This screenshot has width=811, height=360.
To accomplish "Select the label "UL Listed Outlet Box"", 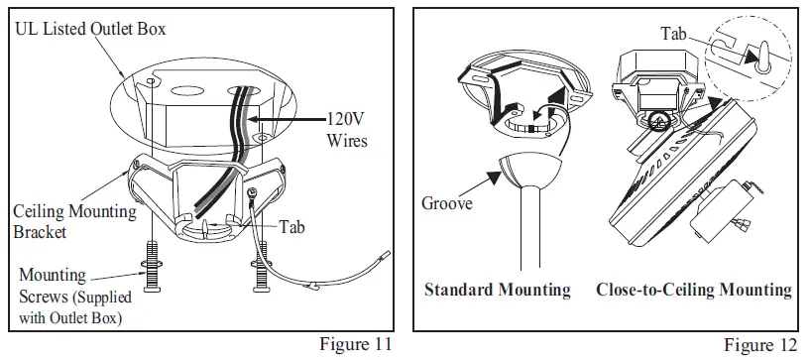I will pyautogui.click(x=90, y=30).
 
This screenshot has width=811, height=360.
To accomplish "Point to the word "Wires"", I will pyautogui.click(x=347, y=141).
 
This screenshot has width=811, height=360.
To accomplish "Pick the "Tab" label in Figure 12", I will pyautogui.click(x=675, y=34).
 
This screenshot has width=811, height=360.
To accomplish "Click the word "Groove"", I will pyautogui.click(x=445, y=204).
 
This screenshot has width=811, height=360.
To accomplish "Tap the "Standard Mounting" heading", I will pyautogui.click(x=497, y=291).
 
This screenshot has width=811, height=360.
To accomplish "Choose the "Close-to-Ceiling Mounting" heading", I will pyautogui.click(x=694, y=291).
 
